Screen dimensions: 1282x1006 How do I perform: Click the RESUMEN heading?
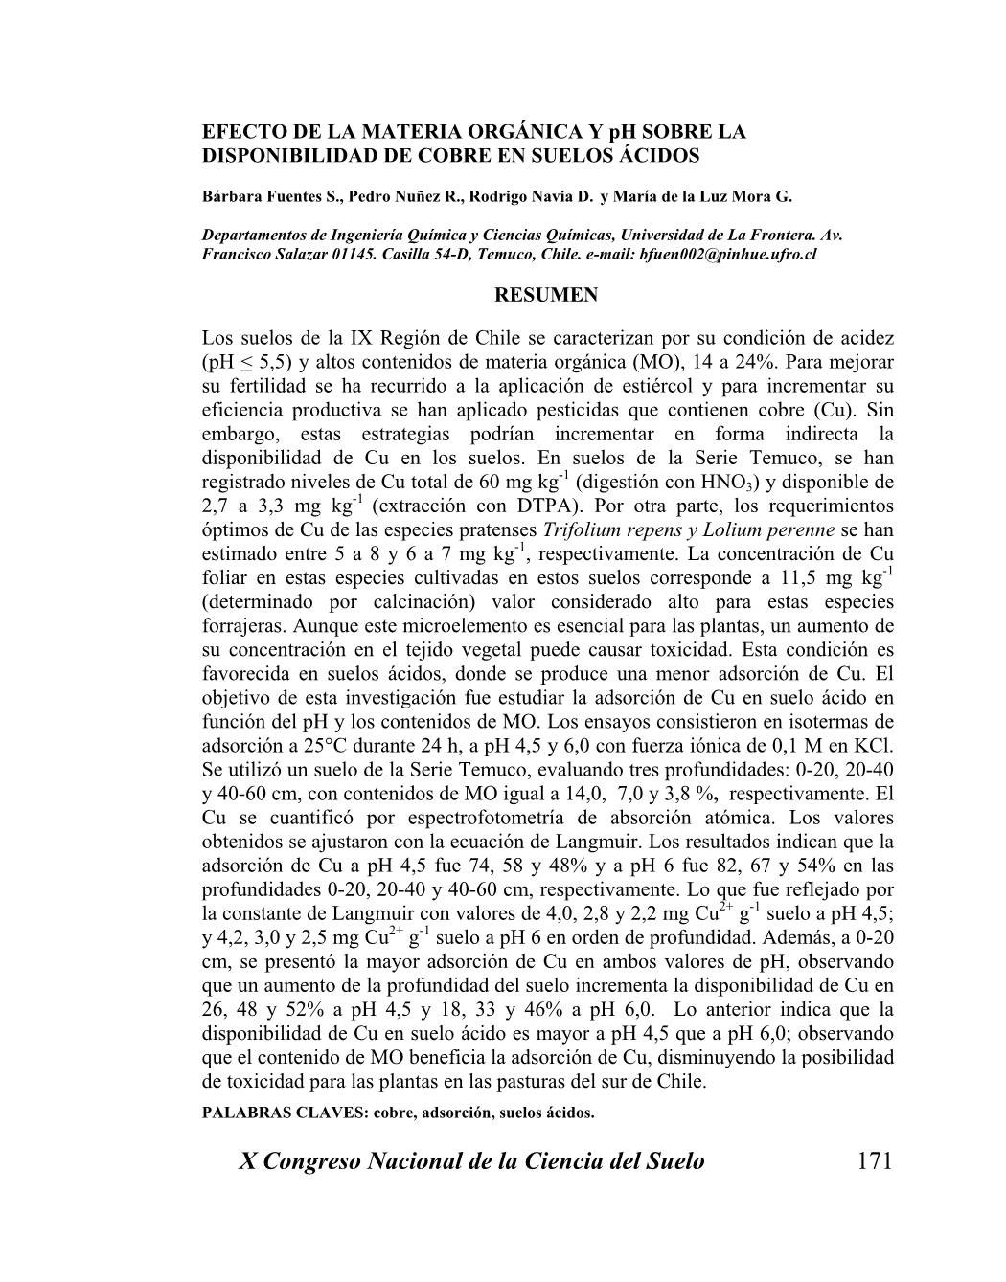coord(545,296)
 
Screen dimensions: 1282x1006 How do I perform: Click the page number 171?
coord(875,1161)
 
